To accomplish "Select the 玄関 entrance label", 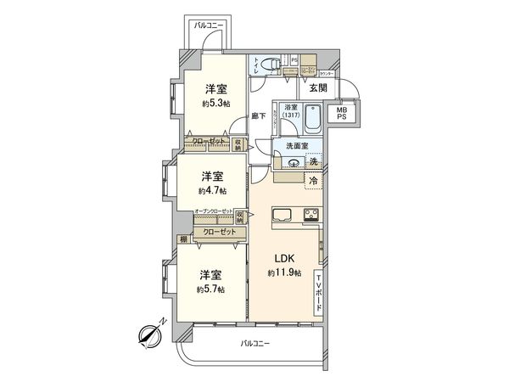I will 318,87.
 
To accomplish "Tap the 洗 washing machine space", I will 314,162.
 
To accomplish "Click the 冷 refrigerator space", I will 314,180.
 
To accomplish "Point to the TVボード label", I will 319,291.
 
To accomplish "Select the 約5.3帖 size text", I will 215,103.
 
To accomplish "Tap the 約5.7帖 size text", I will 211,289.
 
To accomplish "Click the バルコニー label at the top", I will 208,26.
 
